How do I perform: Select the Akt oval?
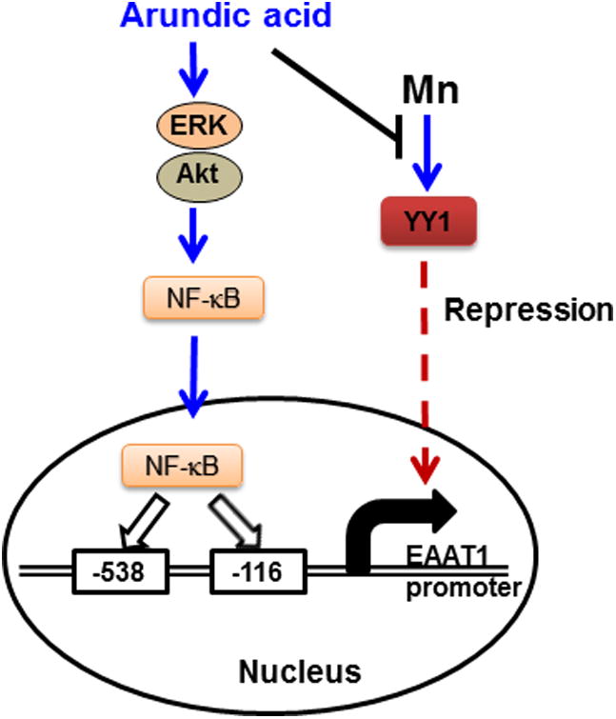(x=194, y=173)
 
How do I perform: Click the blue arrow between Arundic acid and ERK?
(x=194, y=71)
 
